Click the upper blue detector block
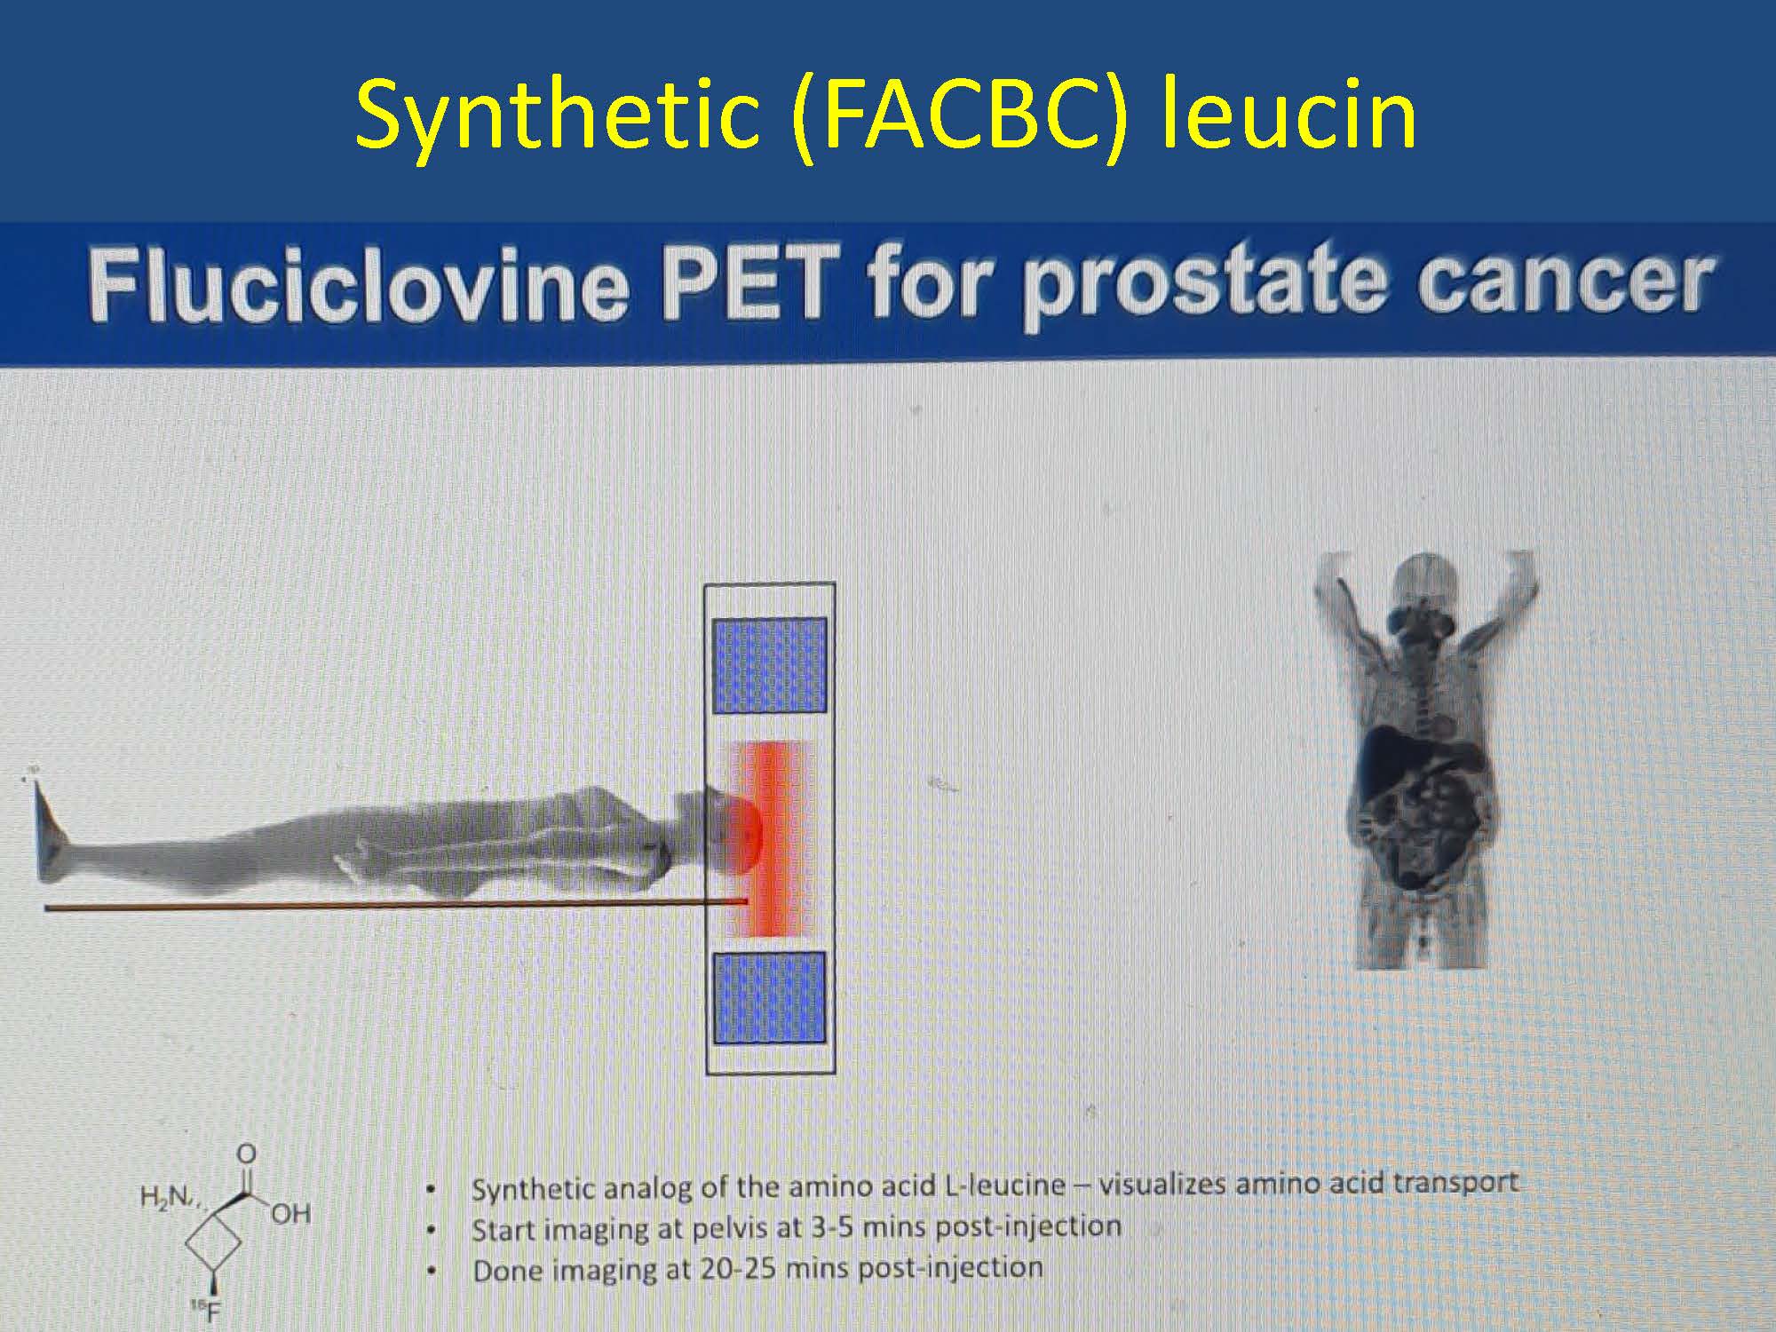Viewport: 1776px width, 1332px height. (x=770, y=665)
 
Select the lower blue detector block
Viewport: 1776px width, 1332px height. (x=770, y=997)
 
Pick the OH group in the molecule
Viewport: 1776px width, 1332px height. (x=290, y=1214)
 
